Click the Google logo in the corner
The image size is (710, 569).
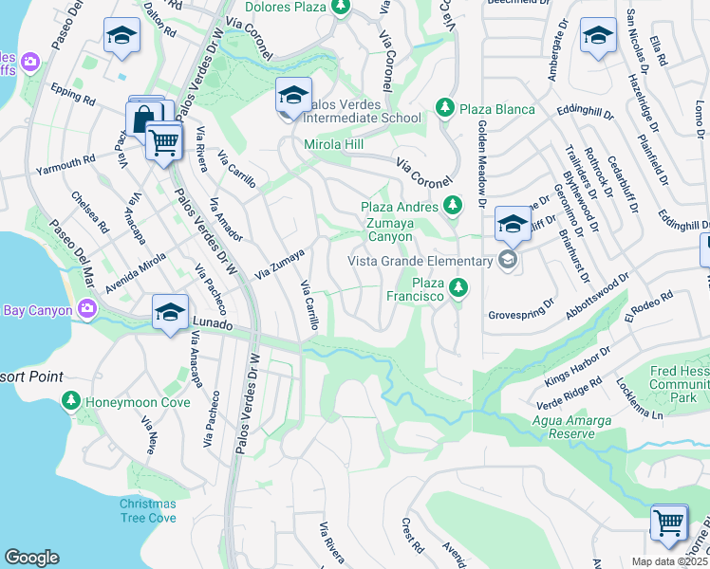pyautogui.click(x=31, y=558)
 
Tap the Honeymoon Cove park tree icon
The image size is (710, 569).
pyautogui.click(x=71, y=402)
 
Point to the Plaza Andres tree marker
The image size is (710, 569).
pyautogui.click(x=454, y=206)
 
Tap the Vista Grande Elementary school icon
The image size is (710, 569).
pyautogui.click(x=509, y=261)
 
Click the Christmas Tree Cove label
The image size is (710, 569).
pyautogui.click(x=148, y=510)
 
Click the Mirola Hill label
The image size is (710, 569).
pyautogui.click(x=334, y=145)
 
